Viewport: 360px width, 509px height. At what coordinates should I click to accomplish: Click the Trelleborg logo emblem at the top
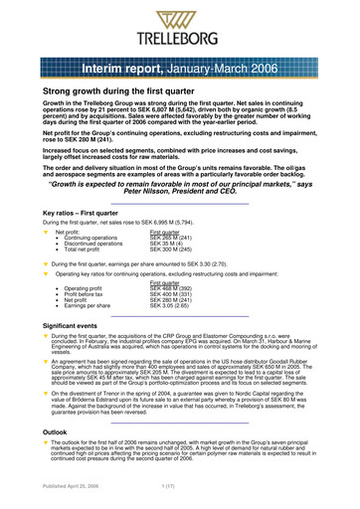coord(180,17)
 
